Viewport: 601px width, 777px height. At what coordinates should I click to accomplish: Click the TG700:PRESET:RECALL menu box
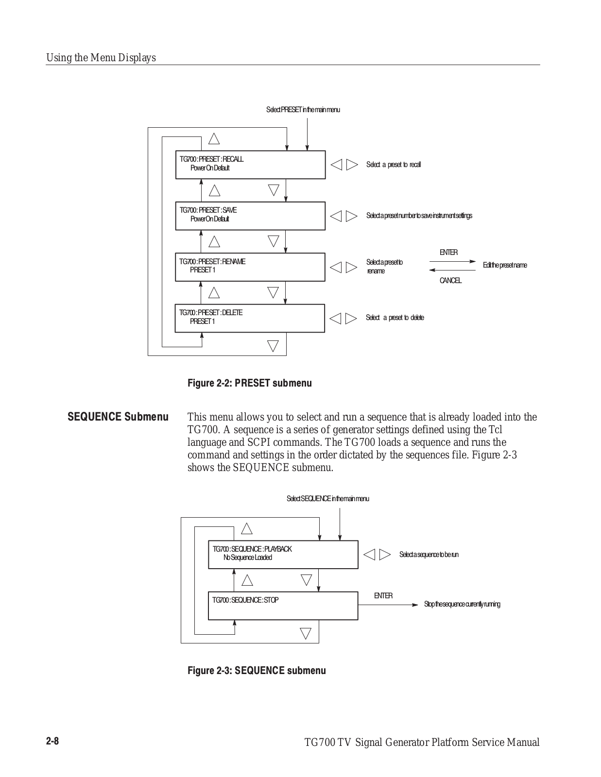(250, 165)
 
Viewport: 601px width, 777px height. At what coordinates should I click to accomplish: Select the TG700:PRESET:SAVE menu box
(250, 216)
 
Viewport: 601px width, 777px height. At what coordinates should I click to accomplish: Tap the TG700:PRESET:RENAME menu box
(250, 267)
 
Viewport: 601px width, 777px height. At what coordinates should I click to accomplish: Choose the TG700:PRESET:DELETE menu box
(250, 318)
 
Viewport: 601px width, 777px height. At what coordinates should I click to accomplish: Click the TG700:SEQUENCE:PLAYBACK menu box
(283, 555)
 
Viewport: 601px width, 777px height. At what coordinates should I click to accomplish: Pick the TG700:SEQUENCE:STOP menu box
(283, 606)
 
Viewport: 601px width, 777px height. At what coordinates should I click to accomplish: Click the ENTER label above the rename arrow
(448, 253)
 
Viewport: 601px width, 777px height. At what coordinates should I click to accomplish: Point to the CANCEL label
(450, 281)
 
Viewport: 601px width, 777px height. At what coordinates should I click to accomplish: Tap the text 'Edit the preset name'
(505, 265)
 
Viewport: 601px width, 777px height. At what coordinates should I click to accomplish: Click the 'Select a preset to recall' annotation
(394, 165)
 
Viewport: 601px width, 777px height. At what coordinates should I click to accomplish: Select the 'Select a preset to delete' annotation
(395, 318)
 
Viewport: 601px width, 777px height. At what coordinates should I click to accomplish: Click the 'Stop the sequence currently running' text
(462, 604)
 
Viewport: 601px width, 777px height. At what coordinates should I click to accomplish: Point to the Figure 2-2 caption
(250, 383)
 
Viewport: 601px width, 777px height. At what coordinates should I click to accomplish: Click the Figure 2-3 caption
(257, 671)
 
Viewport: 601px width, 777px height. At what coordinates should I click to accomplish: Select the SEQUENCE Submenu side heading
(118, 417)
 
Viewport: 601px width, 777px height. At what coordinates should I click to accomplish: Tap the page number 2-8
(52, 741)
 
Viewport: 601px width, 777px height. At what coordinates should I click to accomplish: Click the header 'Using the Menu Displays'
(101, 58)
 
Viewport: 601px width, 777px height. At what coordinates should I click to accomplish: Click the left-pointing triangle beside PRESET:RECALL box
(336, 165)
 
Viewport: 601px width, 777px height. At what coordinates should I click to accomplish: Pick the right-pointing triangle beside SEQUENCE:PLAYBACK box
(385, 555)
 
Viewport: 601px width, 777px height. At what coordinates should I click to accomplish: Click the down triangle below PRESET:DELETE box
(273, 346)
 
